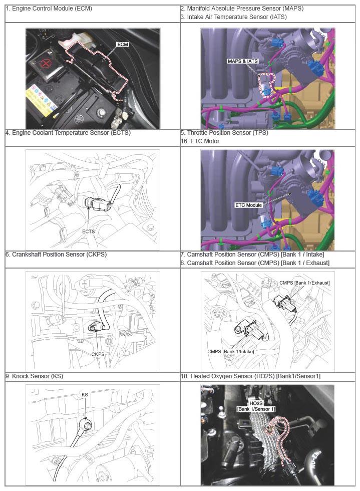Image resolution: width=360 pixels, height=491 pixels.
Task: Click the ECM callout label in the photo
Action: pyautogui.click(x=122, y=45)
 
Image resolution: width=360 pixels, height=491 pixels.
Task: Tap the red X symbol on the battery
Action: pyautogui.click(x=46, y=64)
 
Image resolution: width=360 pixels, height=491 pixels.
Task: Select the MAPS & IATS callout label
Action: pyautogui.click(x=243, y=61)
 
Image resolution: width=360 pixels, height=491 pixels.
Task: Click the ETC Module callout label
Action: pyautogui.click(x=248, y=205)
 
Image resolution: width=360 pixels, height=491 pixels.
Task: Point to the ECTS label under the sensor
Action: pyautogui.click(x=88, y=231)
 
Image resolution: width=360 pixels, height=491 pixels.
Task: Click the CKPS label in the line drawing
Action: pyautogui.click(x=98, y=354)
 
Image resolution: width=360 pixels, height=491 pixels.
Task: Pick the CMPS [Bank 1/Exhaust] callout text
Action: pyautogui.click(x=304, y=283)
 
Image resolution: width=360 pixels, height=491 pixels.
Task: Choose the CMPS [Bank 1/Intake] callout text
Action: pyautogui.click(x=230, y=352)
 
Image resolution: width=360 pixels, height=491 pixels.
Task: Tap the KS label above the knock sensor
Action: pyautogui.click(x=85, y=395)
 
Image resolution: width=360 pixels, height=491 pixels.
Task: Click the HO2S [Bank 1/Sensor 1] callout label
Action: pyautogui.click(x=256, y=406)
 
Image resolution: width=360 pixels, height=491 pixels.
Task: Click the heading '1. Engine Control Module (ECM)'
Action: pyautogui.click(x=49, y=9)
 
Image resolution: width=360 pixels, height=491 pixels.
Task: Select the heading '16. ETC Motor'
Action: pyautogui.click(x=200, y=141)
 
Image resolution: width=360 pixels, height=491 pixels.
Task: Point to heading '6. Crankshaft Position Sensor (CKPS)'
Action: pyautogui.click(x=56, y=255)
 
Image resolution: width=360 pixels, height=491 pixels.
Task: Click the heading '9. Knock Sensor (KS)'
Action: pyautogui.click(x=34, y=376)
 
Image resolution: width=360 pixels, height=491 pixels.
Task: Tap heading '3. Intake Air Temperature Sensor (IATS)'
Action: pyautogui.click(x=233, y=17)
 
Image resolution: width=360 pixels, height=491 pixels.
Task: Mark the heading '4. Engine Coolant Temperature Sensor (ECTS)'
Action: pyautogui.click(x=68, y=133)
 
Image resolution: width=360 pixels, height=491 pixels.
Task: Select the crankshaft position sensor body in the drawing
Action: pyautogui.click(x=96, y=327)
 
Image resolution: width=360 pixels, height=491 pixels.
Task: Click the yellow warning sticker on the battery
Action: pyautogui.click(x=39, y=101)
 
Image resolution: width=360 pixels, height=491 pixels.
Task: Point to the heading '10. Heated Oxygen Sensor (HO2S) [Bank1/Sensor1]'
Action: pyautogui.click(x=250, y=376)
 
